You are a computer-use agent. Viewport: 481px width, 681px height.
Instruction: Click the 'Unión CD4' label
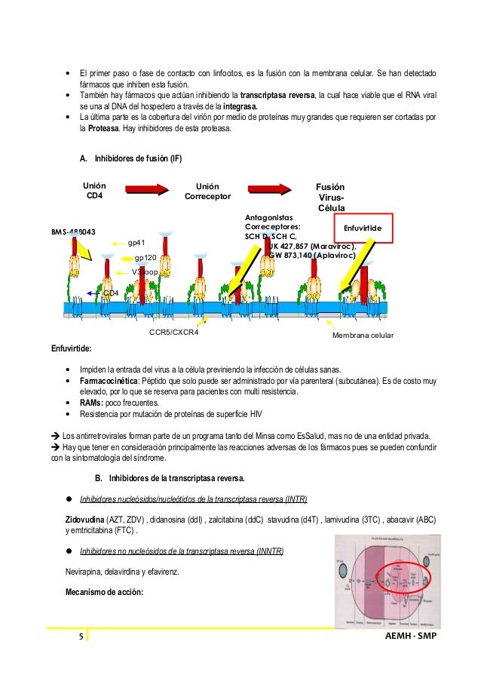tap(94, 191)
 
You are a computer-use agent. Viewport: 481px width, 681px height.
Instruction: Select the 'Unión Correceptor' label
tap(207, 191)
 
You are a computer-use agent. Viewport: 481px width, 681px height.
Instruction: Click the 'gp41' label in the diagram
tap(136, 243)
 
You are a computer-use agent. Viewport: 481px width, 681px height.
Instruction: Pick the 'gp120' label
tap(145, 257)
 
